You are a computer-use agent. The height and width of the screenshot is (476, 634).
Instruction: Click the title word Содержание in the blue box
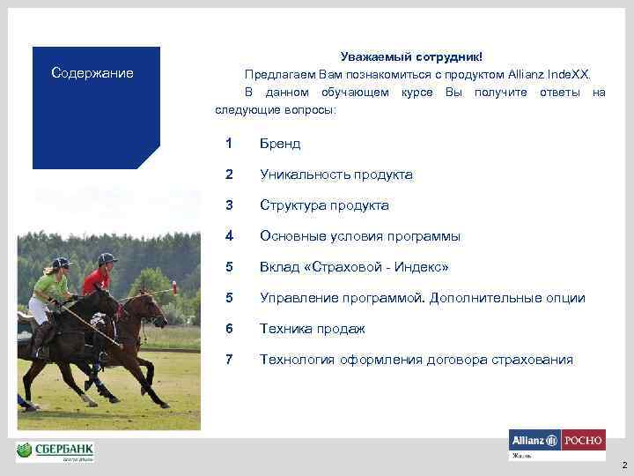92,73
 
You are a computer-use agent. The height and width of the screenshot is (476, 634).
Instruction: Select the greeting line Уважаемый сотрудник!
411,57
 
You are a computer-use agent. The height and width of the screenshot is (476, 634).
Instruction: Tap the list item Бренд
280,144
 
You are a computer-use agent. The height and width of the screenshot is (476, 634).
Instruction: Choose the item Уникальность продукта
335,175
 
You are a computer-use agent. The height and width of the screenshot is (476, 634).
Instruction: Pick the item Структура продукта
323,205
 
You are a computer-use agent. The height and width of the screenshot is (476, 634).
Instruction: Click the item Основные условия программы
359,236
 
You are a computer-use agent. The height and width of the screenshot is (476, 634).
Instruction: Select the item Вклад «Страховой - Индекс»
354,267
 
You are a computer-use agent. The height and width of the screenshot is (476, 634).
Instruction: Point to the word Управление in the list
297,298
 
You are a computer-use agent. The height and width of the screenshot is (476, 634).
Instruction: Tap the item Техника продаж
312,329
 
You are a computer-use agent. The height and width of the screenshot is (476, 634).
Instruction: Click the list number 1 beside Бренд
229,144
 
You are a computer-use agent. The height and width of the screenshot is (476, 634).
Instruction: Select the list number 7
229,360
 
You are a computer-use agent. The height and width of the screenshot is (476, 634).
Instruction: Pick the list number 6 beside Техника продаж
229,329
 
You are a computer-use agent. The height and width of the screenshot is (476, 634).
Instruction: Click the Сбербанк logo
55,451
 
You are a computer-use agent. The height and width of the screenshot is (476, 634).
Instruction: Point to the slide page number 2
623,465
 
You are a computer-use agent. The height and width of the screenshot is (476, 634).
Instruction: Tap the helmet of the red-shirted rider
107,259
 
